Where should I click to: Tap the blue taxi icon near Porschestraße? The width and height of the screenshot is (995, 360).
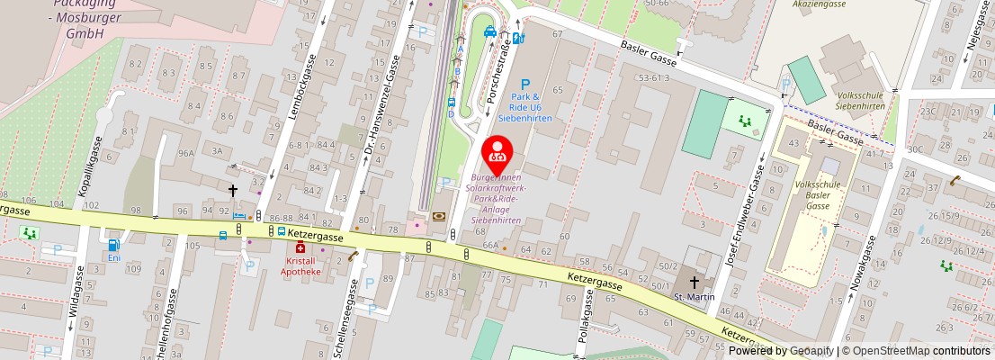pos(490,31)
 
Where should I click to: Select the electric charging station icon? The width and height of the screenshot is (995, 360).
pos(518,38)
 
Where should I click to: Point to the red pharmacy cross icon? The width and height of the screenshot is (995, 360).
pos(300,248)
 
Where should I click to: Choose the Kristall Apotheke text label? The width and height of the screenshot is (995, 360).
pos(300,265)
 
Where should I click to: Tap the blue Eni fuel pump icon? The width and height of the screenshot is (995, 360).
pos(114,244)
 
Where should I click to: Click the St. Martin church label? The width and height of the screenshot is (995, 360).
pos(694,296)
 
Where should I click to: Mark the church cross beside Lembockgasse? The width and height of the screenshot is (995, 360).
pos(232,190)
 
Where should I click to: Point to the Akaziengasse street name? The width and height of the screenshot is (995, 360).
pos(820,4)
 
